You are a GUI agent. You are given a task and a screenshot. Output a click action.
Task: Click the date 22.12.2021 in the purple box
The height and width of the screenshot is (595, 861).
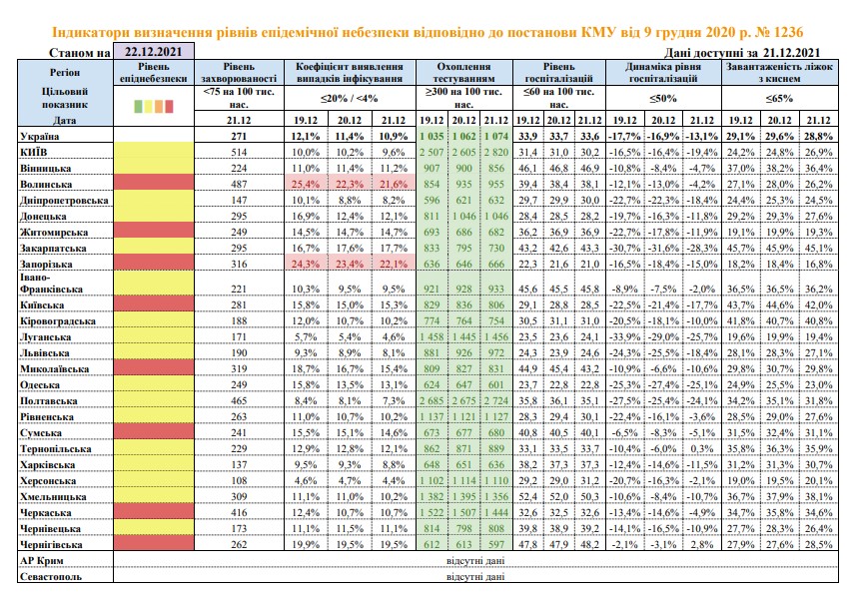tap(153, 52)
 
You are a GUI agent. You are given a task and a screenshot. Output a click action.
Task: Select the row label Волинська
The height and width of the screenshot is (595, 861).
tap(46, 185)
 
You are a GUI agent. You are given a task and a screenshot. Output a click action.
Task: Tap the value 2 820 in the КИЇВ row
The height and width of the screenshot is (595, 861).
tap(495, 152)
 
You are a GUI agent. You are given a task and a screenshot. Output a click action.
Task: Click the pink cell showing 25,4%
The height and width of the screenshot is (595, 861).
tap(306, 184)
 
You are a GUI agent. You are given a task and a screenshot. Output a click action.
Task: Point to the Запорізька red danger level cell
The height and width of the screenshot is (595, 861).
tap(153, 264)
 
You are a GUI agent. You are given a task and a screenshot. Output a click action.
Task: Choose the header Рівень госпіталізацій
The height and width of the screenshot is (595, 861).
tap(559, 73)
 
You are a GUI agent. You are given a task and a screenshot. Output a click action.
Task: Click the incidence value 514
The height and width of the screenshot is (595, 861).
tap(239, 152)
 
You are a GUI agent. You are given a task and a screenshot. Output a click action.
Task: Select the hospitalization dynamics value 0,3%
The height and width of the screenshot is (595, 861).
tap(702, 449)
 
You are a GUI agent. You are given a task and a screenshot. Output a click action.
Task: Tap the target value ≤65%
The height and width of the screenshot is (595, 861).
tap(780, 98)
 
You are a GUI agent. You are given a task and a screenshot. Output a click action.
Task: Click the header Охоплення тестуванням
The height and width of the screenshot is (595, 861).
tap(464, 73)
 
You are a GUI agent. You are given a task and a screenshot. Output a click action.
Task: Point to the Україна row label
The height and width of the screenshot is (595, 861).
tap(40, 136)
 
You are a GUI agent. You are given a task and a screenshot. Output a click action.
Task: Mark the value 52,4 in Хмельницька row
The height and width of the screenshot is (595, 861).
tap(527, 497)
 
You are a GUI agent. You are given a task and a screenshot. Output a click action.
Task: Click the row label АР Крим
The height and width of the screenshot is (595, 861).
tap(42, 561)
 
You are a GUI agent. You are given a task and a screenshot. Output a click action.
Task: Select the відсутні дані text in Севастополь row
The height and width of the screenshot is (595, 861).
tap(475, 577)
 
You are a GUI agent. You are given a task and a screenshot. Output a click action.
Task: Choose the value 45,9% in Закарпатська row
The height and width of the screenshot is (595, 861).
tap(779, 249)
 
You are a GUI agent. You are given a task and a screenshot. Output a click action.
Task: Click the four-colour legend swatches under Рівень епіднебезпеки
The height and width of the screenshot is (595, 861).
tap(153, 106)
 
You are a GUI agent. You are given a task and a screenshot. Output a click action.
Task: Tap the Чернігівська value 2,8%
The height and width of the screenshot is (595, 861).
tap(702, 545)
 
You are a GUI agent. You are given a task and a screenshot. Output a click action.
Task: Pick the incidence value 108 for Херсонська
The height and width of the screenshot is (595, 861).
tap(239, 481)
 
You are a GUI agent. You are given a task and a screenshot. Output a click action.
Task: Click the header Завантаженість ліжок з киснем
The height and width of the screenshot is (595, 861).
tap(780, 73)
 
